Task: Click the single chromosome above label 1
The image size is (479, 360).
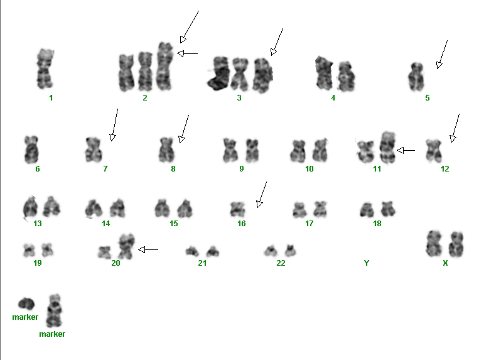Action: (45, 68)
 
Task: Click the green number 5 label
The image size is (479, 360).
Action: (428, 98)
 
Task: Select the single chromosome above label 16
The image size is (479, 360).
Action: (237, 209)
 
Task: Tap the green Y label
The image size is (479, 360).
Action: (367, 263)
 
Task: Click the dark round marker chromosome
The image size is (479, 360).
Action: (26, 303)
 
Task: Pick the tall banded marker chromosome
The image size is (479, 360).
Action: (54, 311)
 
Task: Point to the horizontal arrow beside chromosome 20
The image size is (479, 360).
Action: (148, 249)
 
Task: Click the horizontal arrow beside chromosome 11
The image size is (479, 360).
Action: (406, 150)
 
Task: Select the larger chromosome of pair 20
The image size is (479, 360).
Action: (126, 246)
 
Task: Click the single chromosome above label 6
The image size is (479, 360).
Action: (31, 150)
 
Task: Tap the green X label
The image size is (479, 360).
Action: (445, 263)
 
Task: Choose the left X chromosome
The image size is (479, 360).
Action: (433, 244)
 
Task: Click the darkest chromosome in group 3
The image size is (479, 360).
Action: (218, 74)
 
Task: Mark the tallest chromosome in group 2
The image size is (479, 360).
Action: (164, 67)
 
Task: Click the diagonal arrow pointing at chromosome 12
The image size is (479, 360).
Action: (455, 128)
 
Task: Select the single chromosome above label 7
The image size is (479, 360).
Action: (94, 150)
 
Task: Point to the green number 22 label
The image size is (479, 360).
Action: (281, 263)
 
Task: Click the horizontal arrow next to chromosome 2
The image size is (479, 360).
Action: (187, 53)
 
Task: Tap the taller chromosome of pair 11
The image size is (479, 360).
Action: (387, 147)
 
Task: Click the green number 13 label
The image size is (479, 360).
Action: (37, 224)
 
